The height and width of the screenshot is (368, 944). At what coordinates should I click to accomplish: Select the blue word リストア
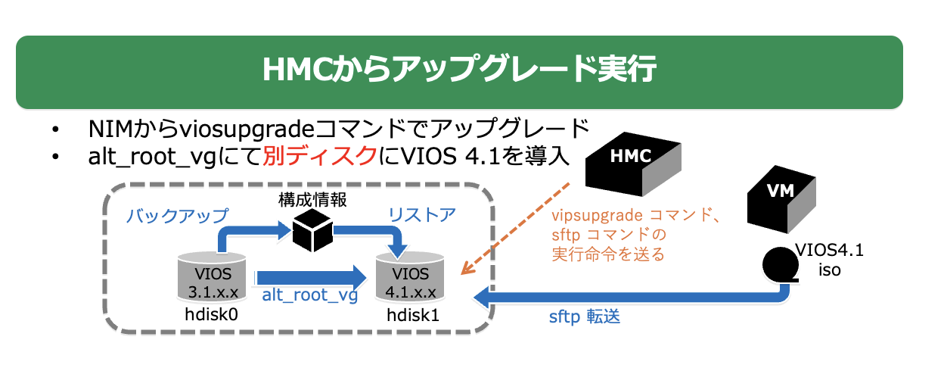422,214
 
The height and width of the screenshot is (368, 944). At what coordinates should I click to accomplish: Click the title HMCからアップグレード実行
459,71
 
